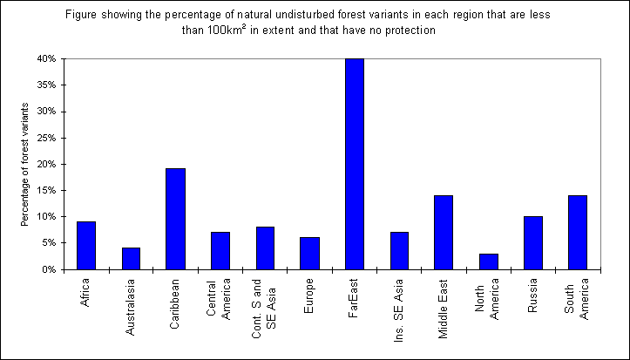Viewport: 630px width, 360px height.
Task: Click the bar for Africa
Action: (86, 245)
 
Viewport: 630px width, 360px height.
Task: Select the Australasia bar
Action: (131, 258)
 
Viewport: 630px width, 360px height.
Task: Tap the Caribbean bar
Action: (175, 219)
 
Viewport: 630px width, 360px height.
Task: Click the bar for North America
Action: (489, 262)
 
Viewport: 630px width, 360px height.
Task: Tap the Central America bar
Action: (220, 250)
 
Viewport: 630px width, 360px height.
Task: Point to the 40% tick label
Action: (45, 59)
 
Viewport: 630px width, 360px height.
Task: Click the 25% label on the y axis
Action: (45, 138)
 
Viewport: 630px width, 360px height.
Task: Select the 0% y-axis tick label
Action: (48, 269)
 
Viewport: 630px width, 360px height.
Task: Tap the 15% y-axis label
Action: (45, 191)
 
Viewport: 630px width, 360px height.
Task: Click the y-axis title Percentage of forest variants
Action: (24, 164)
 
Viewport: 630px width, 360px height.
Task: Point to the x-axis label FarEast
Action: (355, 297)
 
